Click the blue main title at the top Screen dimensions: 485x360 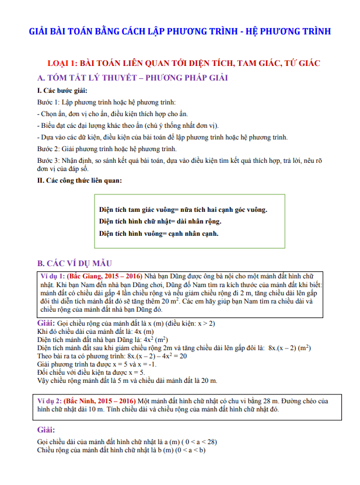click(x=180, y=30)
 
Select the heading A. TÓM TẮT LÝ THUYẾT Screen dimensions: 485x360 click(x=132, y=78)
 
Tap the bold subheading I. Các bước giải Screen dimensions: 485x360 click(x=62, y=91)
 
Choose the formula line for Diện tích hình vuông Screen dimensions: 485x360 click(x=159, y=234)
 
